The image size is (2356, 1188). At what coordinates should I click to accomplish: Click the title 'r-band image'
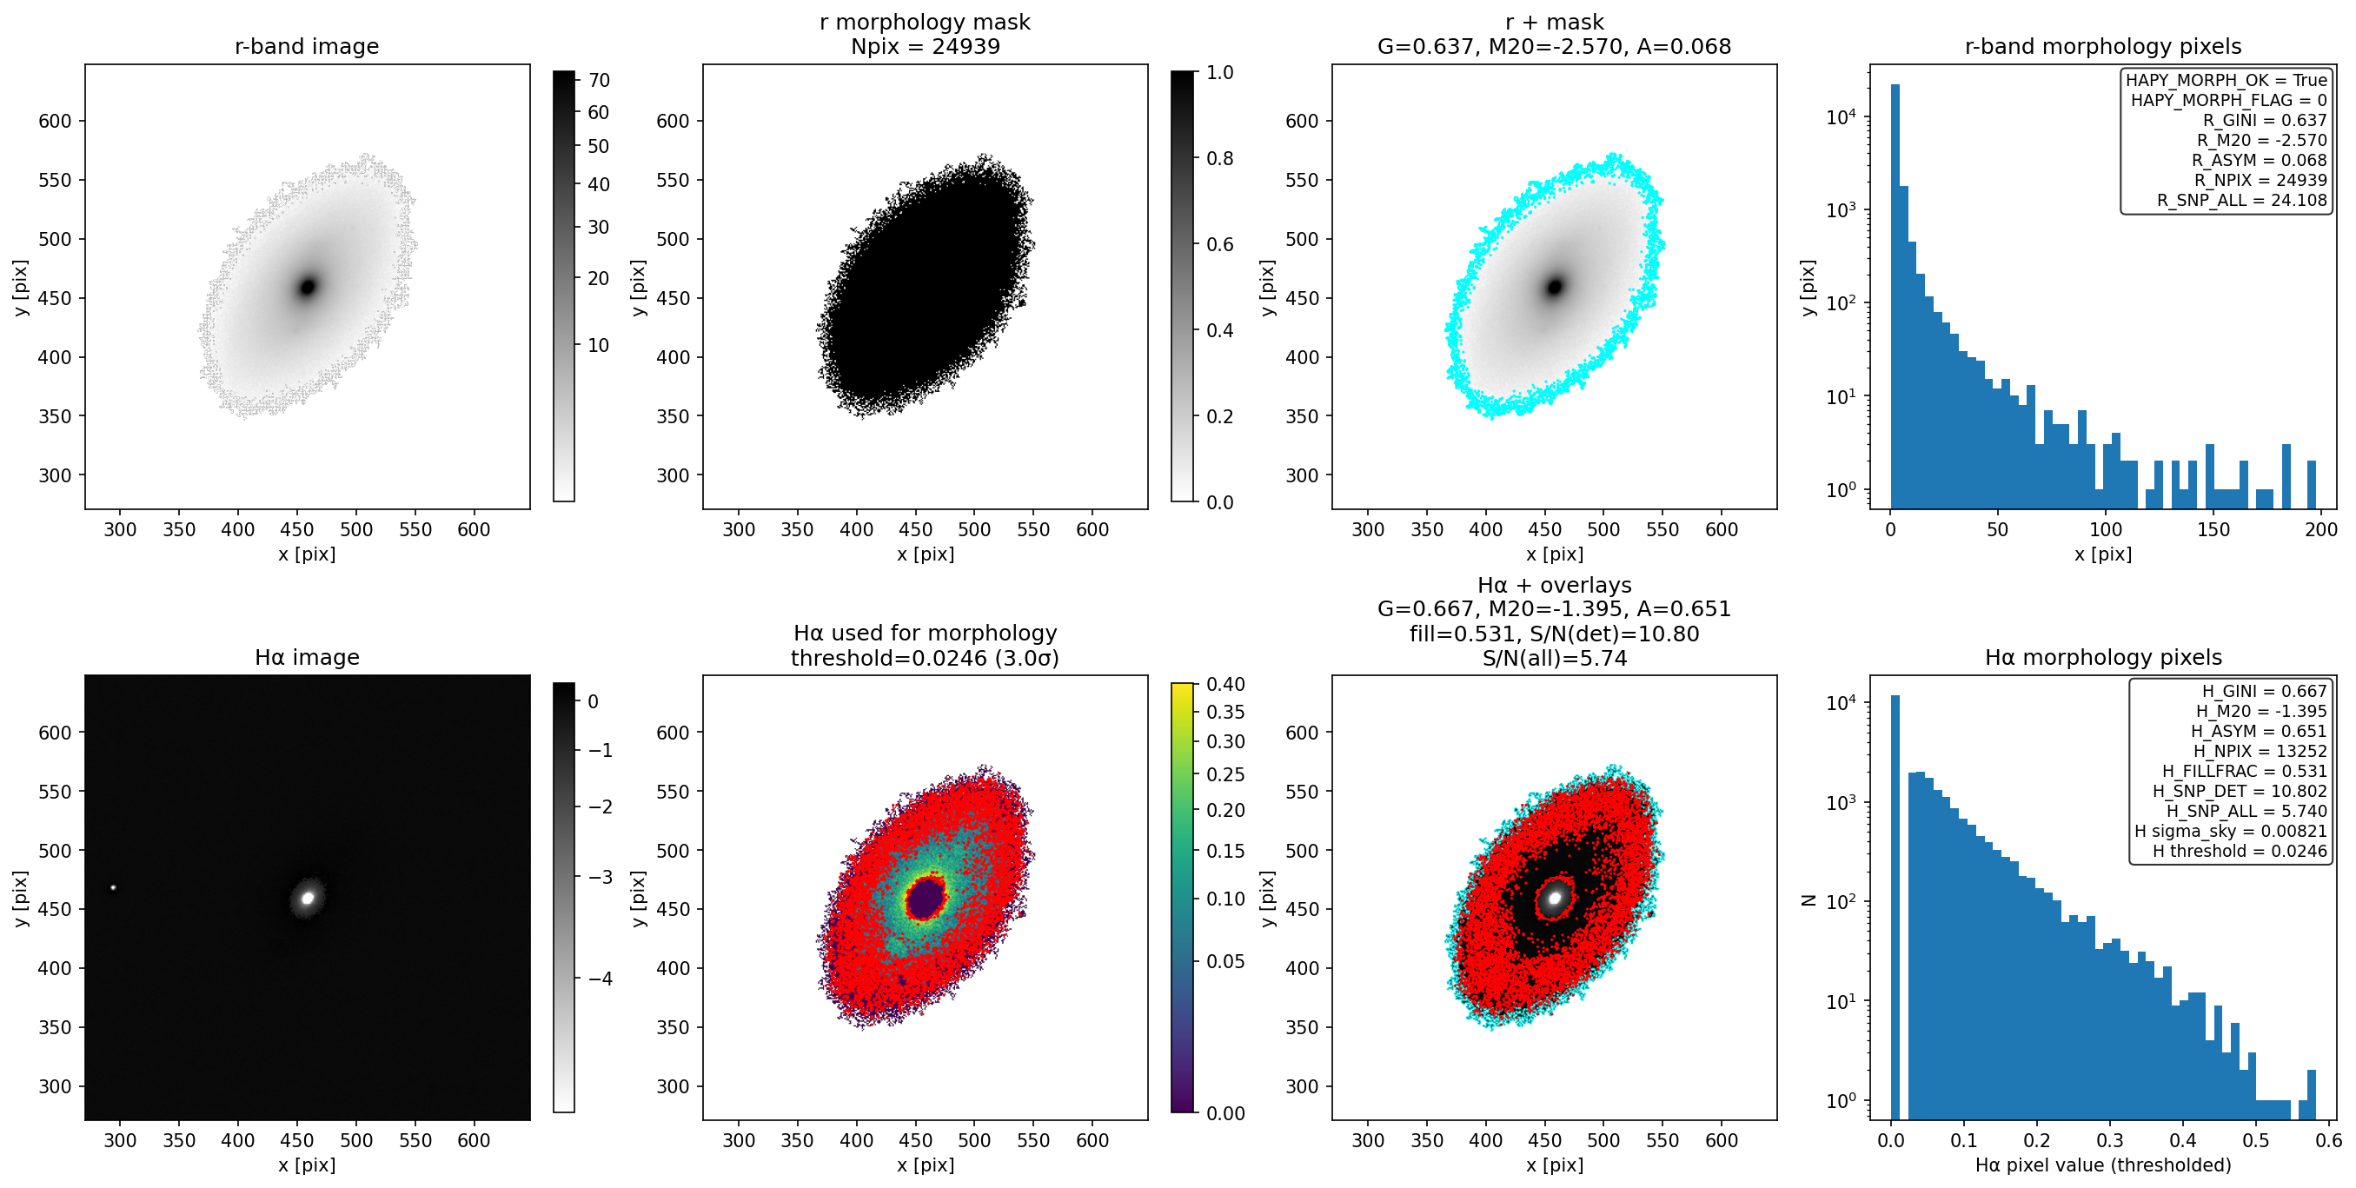coord(307,47)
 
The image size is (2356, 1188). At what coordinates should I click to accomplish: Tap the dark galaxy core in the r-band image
coord(309,286)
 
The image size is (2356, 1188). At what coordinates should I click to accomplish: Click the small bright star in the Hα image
coord(113,887)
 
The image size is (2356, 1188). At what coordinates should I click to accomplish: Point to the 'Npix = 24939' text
coord(925,47)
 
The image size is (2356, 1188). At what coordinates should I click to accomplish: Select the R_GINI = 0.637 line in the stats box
coord(2265,120)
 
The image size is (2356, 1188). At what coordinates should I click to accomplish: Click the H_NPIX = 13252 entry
coord(2260,751)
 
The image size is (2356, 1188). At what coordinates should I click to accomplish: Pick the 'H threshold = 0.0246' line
coord(2240,851)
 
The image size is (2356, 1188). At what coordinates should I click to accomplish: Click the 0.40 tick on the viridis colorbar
coord(1225,684)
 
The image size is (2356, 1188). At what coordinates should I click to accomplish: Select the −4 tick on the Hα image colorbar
coord(600,979)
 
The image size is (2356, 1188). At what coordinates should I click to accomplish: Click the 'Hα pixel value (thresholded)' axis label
coord(2102,1165)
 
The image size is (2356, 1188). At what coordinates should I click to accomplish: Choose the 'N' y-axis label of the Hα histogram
coord(1808,900)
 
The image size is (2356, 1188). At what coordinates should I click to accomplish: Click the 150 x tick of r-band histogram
coord(2213,528)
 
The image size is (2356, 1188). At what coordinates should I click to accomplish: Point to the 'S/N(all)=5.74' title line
coord(1555,658)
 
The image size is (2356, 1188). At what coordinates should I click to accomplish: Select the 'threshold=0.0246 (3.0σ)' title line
coord(925,658)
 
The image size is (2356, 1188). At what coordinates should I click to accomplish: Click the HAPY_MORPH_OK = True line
coord(2227,81)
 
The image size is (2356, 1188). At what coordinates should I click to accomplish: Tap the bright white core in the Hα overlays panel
coord(1555,897)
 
